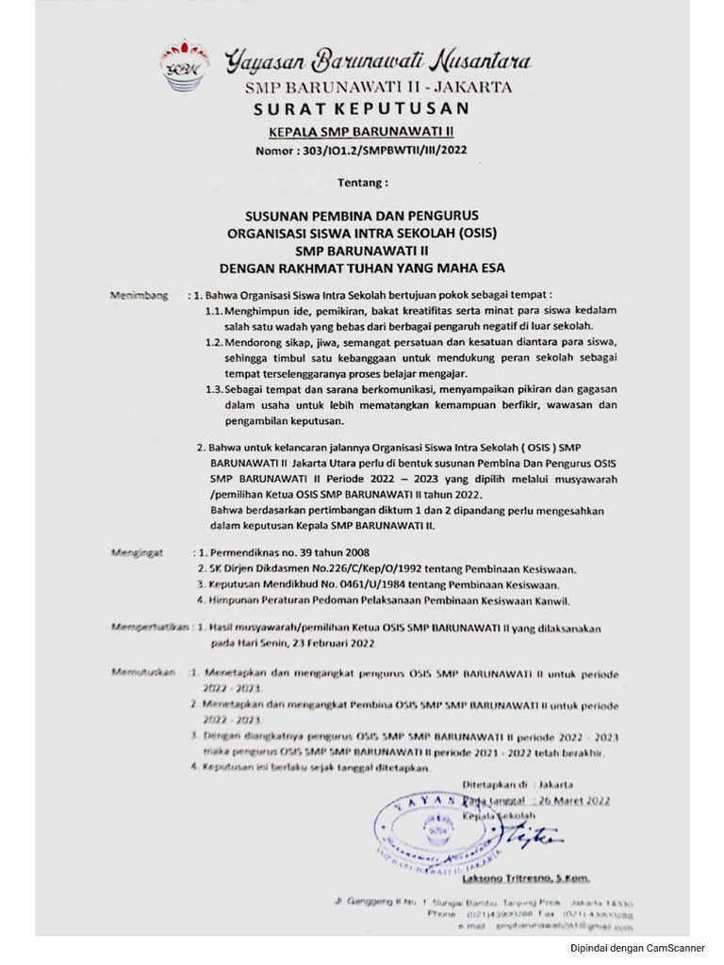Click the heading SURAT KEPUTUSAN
(x=361, y=110)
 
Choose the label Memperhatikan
(x=148, y=626)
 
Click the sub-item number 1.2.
(x=214, y=342)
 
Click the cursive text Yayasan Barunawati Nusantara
(x=377, y=63)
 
